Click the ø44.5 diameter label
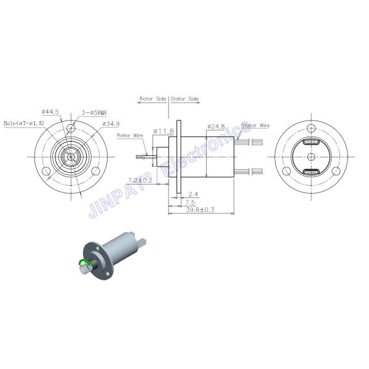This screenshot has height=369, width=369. [x=50, y=112]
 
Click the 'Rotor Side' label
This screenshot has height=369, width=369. [x=153, y=98]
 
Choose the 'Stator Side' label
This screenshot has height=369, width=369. [x=185, y=98]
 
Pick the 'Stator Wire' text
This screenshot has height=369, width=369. [x=255, y=125]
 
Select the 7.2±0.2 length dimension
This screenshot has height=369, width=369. [x=140, y=180]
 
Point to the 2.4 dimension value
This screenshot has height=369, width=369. [x=193, y=194]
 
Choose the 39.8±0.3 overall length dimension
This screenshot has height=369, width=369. [x=200, y=210]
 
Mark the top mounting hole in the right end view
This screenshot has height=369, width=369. [x=312, y=128]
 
